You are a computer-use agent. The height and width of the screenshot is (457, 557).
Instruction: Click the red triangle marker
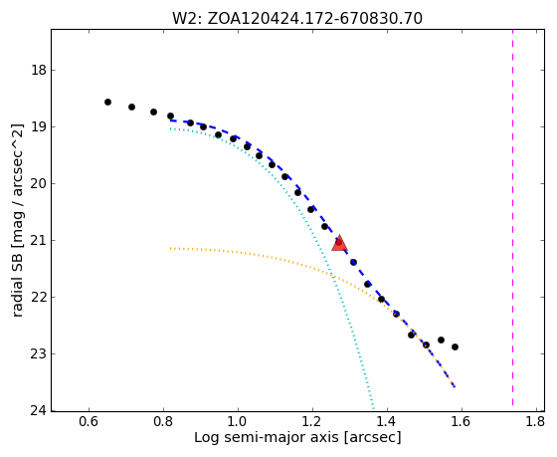339,243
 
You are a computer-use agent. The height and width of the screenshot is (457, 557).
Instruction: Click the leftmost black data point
108,103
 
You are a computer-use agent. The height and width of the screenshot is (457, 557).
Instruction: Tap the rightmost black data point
456,346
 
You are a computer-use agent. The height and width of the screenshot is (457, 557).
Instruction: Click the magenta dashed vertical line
512,217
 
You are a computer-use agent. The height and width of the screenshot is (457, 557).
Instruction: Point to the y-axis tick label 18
39,70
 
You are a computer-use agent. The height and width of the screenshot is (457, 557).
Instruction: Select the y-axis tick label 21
39,240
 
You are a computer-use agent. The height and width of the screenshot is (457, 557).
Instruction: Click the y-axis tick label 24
39,411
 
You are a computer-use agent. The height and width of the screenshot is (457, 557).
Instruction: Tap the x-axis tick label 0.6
89,422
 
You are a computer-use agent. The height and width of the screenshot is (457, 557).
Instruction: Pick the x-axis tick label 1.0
238,422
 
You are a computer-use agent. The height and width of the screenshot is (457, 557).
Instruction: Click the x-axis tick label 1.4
387,422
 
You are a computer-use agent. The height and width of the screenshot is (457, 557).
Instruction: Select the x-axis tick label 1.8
536,422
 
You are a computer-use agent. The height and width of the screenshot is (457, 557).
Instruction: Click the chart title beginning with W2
297,18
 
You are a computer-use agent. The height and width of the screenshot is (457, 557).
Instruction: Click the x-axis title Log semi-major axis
297,437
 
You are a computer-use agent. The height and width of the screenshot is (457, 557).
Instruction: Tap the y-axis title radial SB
18,220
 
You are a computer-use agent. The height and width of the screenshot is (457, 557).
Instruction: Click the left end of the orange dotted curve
171,248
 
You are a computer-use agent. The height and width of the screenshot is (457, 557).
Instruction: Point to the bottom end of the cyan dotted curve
373,408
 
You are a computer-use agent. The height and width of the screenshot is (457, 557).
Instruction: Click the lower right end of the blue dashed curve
455,387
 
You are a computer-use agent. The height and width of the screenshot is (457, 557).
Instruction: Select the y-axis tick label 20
39,184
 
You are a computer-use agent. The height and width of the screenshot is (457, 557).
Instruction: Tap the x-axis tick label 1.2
312,422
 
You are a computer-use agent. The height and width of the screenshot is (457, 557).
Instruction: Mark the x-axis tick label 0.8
163,422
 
